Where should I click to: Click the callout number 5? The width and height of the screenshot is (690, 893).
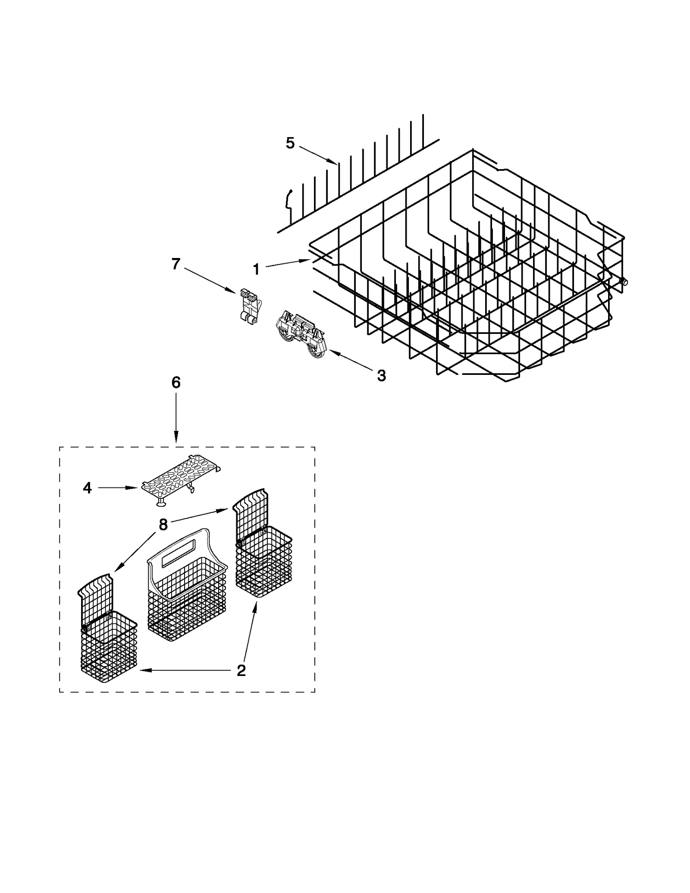click(290, 143)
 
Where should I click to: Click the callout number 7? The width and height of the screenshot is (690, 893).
click(176, 264)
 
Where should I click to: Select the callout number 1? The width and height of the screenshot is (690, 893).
click(256, 270)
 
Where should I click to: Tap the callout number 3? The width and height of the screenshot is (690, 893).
click(381, 376)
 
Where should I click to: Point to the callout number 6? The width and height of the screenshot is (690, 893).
click(176, 383)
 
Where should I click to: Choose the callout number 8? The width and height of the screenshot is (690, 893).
click(163, 525)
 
